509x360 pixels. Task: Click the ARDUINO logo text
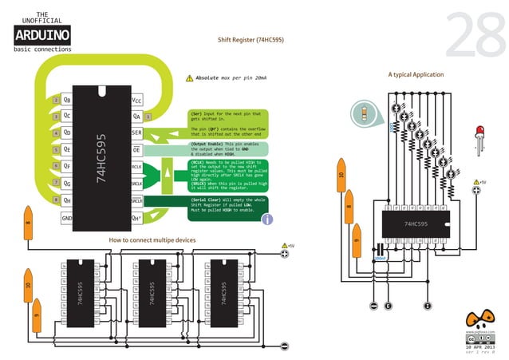tap(42, 34)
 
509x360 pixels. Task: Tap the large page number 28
tap(472, 37)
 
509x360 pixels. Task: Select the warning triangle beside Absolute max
tap(189, 78)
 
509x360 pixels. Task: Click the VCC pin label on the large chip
tap(136, 101)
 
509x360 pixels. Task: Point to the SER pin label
tap(136, 133)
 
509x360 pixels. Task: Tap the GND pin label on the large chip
tap(67, 218)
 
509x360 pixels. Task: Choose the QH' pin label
tap(136, 218)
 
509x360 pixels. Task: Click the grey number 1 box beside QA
tap(148, 117)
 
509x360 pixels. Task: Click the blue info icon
tap(268, 219)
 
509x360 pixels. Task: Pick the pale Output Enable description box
tap(227, 148)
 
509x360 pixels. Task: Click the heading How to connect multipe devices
tap(152, 239)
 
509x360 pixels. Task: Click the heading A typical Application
tap(416, 74)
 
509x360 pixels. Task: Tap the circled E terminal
tap(388, 307)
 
